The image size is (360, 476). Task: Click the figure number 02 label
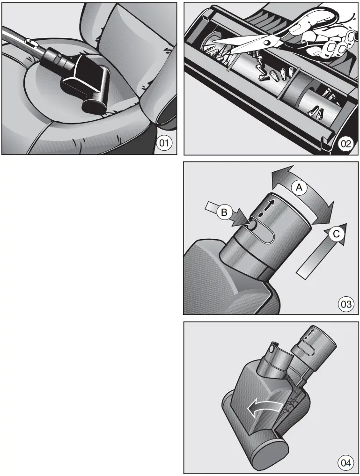pyautogui.click(x=345, y=144)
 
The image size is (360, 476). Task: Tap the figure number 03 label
pyautogui.click(x=345, y=304)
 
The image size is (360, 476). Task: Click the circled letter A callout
pyautogui.click(x=298, y=187)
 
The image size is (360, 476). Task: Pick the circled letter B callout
pyautogui.click(x=225, y=212)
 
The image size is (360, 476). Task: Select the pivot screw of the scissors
pyautogui.click(x=267, y=42)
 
